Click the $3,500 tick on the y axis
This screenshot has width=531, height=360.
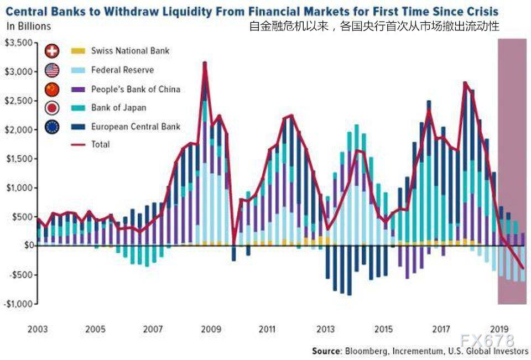[17, 43]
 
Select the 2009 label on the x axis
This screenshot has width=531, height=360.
[210, 329]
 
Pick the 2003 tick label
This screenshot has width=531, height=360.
[38, 329]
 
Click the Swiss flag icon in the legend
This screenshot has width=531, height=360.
[52, 51]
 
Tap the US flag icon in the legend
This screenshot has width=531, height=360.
[52, 70]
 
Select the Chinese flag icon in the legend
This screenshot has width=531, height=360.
[52, 89]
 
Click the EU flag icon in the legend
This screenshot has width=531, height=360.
[52, 127]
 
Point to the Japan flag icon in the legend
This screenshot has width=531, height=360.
[52, 108]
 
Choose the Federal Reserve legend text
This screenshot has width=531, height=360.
[122, 70]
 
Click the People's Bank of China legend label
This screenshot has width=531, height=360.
[136, 89]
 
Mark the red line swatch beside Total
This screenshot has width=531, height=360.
[79, 145]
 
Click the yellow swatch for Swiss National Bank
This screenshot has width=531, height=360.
[79, 51]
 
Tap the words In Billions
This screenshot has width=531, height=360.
[28, 26]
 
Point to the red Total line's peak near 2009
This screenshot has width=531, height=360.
[205, 63]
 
